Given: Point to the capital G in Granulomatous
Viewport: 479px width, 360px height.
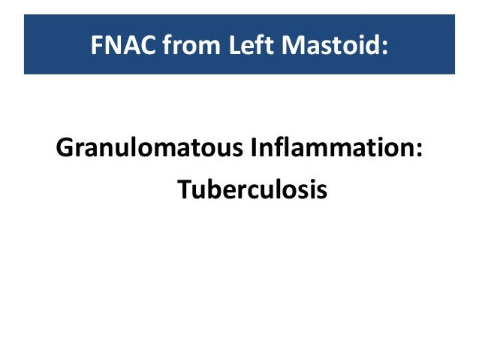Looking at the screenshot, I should (x=65, y=148).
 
